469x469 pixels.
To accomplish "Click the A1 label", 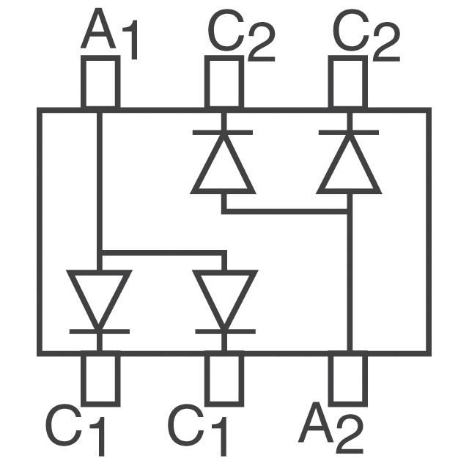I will click(x=110, y=33).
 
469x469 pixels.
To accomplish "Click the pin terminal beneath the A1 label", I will click(x=100, y=82).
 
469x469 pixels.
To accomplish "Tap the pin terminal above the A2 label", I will click(x=347, y=379).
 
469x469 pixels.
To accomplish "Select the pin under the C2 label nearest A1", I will click(x=223, y=82).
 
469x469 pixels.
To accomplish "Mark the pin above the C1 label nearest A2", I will click(x=224, y=379).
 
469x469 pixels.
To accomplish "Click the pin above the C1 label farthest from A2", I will click(x=100, y=379).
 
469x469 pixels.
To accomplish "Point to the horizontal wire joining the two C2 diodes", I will click(x=286, y=211).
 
